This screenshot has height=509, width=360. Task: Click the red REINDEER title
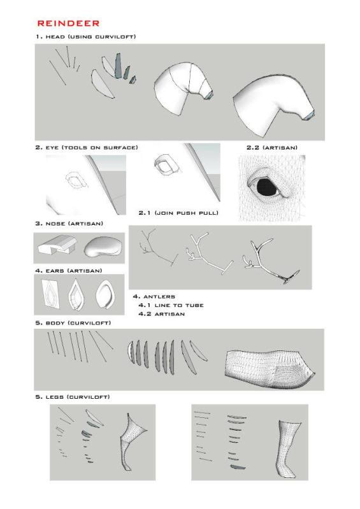click(68, 24)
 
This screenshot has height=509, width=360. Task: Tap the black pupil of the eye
click(266, 187)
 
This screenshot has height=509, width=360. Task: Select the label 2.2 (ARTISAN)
click(271, 148)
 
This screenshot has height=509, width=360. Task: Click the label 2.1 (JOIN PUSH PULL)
click(178, 213)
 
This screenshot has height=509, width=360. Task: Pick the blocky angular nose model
click(57, 245)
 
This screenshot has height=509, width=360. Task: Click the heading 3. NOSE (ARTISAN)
click(69, 224)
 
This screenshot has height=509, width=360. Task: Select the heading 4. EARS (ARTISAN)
click(69, 271)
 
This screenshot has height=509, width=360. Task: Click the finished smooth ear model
click(106, 295)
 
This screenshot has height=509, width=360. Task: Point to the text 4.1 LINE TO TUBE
click(171, 305)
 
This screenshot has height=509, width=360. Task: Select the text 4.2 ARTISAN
click(162, 314)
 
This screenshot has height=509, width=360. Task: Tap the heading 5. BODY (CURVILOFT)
click(73, 323)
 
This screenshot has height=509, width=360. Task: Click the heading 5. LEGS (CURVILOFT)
click(73, 397)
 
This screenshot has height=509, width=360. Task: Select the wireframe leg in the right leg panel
click(288, 449)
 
